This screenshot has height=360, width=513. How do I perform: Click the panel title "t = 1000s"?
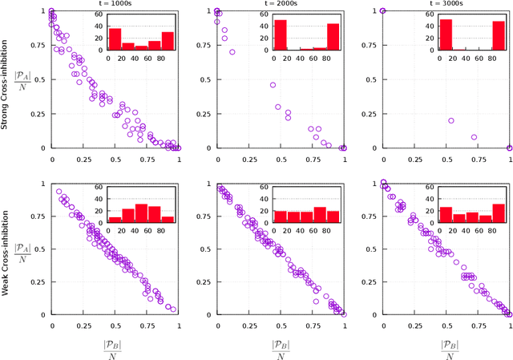coord(115,4)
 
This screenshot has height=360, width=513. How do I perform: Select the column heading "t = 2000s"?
coord(280,4)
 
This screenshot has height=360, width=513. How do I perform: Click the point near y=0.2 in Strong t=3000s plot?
coord(451,121)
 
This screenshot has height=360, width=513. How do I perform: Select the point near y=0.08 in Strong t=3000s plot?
coord(474,137)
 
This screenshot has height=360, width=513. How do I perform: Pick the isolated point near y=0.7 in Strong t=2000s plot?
coord(232,52)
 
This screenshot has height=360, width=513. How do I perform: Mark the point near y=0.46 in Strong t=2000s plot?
coord(273,85)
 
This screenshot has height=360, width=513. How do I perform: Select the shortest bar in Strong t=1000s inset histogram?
coord(141,47)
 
